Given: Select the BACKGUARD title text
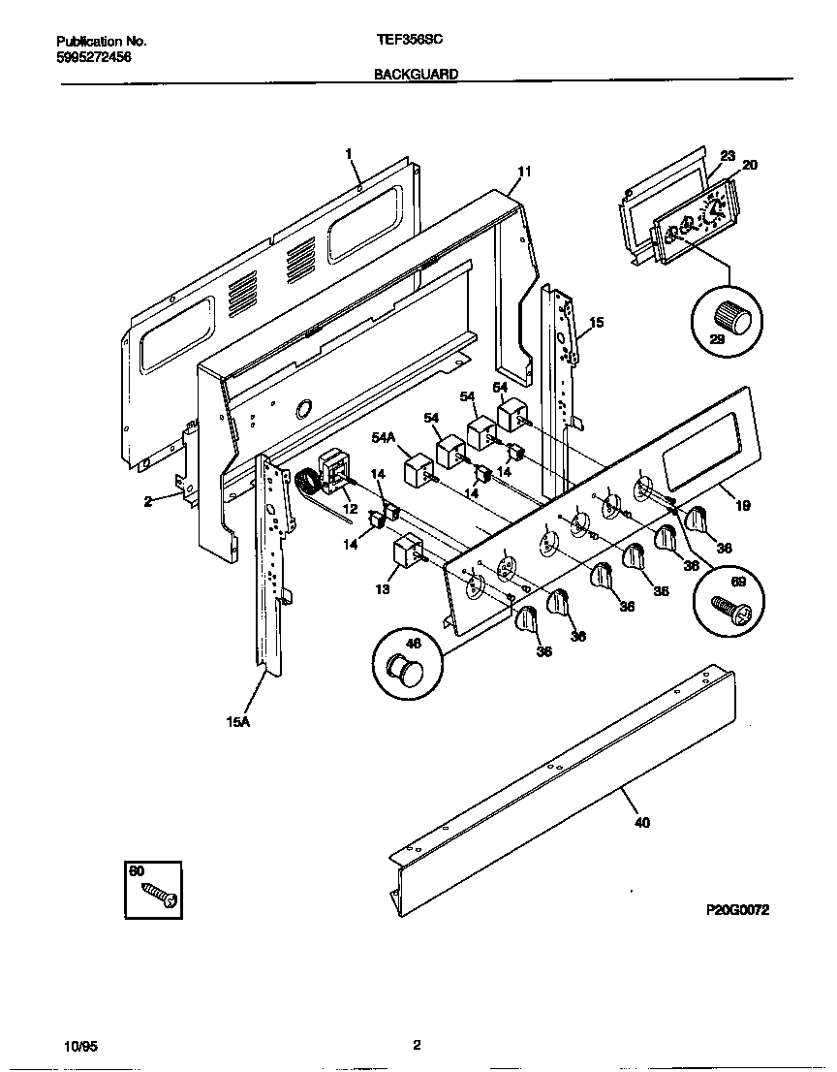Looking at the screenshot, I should tap(417, 74).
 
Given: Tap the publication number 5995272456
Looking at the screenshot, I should tap(94, 57).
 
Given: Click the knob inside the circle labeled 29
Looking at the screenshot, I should tap(728, 316).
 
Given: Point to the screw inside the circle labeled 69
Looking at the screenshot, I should tap(727, 603).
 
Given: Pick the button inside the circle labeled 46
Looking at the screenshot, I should tap(403, 668).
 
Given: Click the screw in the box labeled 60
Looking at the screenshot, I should tap(159, 895).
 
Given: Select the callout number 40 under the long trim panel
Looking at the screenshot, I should tap(641, 823).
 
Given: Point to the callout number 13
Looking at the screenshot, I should tap(383, 588).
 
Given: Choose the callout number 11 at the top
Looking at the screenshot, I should tap(523, 172).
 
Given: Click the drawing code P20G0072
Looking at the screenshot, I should tap(743, 911).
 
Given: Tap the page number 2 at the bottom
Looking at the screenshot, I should tap(417, 1045).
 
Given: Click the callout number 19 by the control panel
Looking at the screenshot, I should tap(742, 505).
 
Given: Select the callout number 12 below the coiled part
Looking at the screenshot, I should tap(350, 509).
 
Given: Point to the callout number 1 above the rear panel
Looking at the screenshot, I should tap(349, 152).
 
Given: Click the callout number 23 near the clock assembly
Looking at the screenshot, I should tap(728, 155).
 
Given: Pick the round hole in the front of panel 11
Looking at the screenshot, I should tap(304, 410).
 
